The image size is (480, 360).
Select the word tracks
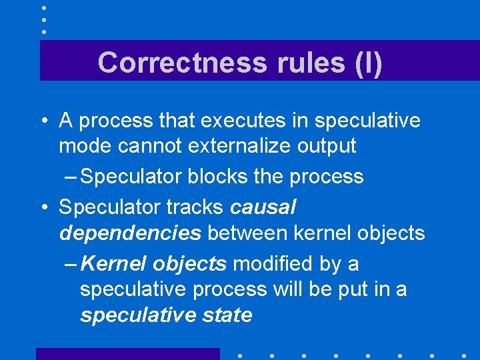[x=194, y=207]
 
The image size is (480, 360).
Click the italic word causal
[x=263, y=207]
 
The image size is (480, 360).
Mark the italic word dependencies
[x=130, y=233]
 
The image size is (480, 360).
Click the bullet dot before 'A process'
[x=43, y=121]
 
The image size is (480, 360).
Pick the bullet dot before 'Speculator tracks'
[x=43, y=207]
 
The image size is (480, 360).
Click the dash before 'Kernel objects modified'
[x=71, y=264]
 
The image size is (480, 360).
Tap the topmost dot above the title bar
[x=43, y=8]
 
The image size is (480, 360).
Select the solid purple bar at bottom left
[x=127, y=353]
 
